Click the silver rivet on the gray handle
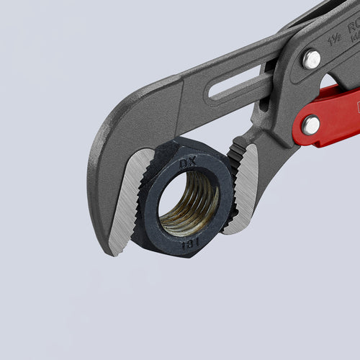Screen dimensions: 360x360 [311, 59]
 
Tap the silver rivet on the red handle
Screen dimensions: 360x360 [311, 125]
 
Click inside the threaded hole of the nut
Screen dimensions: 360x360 [189, 204]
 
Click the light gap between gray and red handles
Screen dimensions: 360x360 [332, 79]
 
